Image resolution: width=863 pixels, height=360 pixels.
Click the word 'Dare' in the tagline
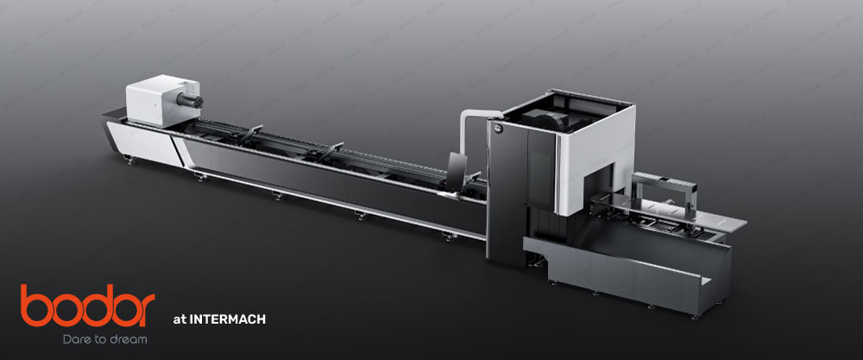pyautogui.click(x=75, y=339)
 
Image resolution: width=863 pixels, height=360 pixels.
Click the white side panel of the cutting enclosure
pyautogui.click(x=595, y=173)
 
